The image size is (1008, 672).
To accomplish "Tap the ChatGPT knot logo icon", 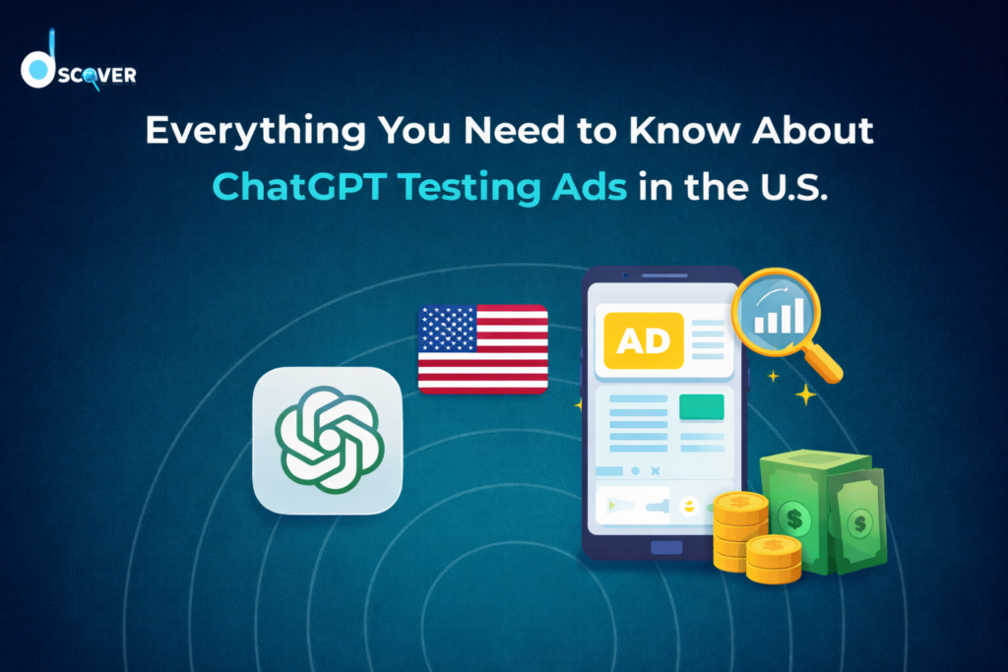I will click(x=328, y=439).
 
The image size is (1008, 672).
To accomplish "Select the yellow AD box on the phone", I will click(x=643, y=340).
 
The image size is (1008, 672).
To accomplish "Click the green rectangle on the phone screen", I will click(x=701, y=406).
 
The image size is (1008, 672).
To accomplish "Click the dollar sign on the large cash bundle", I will click(x=792, y=515).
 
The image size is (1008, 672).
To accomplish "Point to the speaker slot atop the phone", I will click(x=661, y=276).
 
